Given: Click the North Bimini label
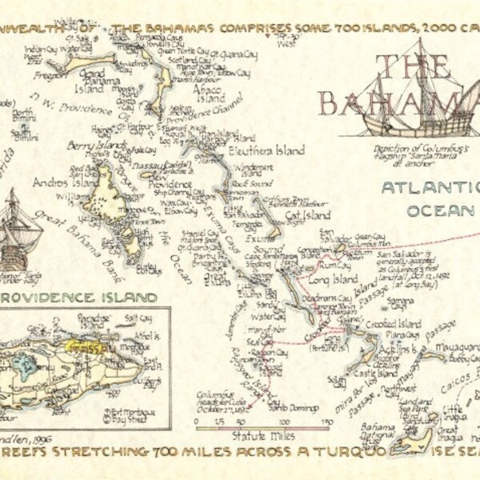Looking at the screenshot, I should coord(22,117).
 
